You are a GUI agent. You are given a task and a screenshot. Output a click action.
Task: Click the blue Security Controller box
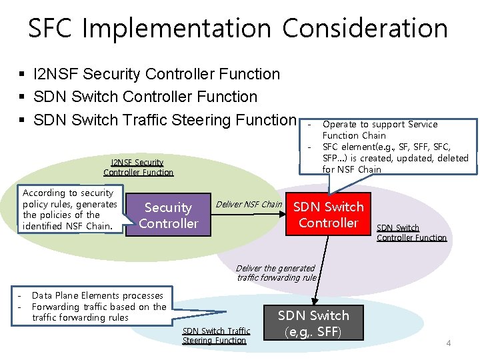click(168, 215)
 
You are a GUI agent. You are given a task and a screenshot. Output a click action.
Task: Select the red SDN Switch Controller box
click(329, 214)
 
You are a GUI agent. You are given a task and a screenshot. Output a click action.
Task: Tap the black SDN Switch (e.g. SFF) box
click(313, 323)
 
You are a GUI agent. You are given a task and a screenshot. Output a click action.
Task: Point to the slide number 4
click(449, 343)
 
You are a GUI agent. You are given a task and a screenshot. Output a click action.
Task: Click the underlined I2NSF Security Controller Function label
click(138, 167)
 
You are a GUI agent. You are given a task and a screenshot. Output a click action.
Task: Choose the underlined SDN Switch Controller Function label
click(411, 233)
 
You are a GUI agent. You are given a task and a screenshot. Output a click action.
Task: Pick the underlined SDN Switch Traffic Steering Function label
click(216, 335)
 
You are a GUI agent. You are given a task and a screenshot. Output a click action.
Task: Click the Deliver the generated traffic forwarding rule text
click(277, 273)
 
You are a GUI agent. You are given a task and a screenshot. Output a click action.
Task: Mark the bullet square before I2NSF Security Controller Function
click(23, 75)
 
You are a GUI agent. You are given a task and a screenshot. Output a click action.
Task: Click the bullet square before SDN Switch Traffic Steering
click(23, 121)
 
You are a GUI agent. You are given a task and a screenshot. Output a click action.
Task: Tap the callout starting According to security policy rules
click(69, 209)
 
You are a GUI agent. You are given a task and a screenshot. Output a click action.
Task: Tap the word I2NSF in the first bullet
click(57, 74)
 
